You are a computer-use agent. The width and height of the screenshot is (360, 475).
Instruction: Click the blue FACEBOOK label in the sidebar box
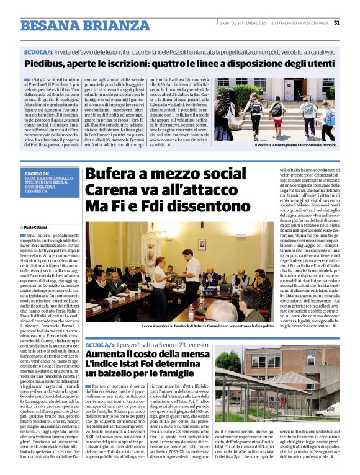coord(37,174)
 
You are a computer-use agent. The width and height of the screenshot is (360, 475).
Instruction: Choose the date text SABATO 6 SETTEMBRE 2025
coord(246,23)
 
